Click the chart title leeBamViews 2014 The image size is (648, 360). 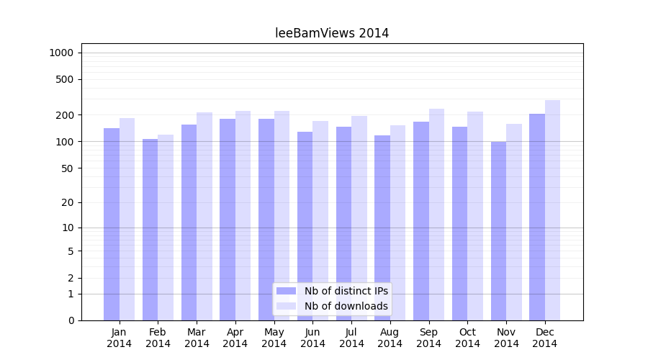click(332, 33)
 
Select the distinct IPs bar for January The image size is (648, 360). click(112, 223)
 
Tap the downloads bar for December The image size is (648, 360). click(552, 209)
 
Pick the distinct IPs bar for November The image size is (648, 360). click(498, 230)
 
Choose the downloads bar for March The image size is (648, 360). click(204, 216)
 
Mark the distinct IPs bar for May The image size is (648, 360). click(266, 220)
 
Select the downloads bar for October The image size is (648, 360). click(475, 216)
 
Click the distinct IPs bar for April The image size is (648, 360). click(228, 220)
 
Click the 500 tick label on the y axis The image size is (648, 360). click(64, 79)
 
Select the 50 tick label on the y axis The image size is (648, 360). click(67, 168)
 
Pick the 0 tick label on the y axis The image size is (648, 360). click(71, 320)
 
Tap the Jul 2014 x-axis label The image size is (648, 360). click(351, 338)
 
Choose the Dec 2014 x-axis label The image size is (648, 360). click(544, 338)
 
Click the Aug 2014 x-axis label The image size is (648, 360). click(390, 338)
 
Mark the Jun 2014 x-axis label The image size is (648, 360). click(312, 338)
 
